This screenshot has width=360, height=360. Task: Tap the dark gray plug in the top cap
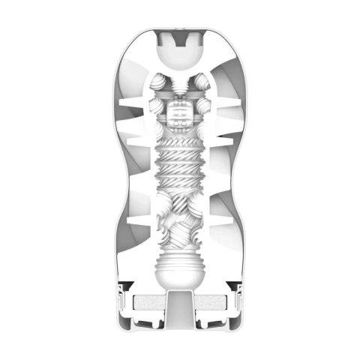coord(181,34)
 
